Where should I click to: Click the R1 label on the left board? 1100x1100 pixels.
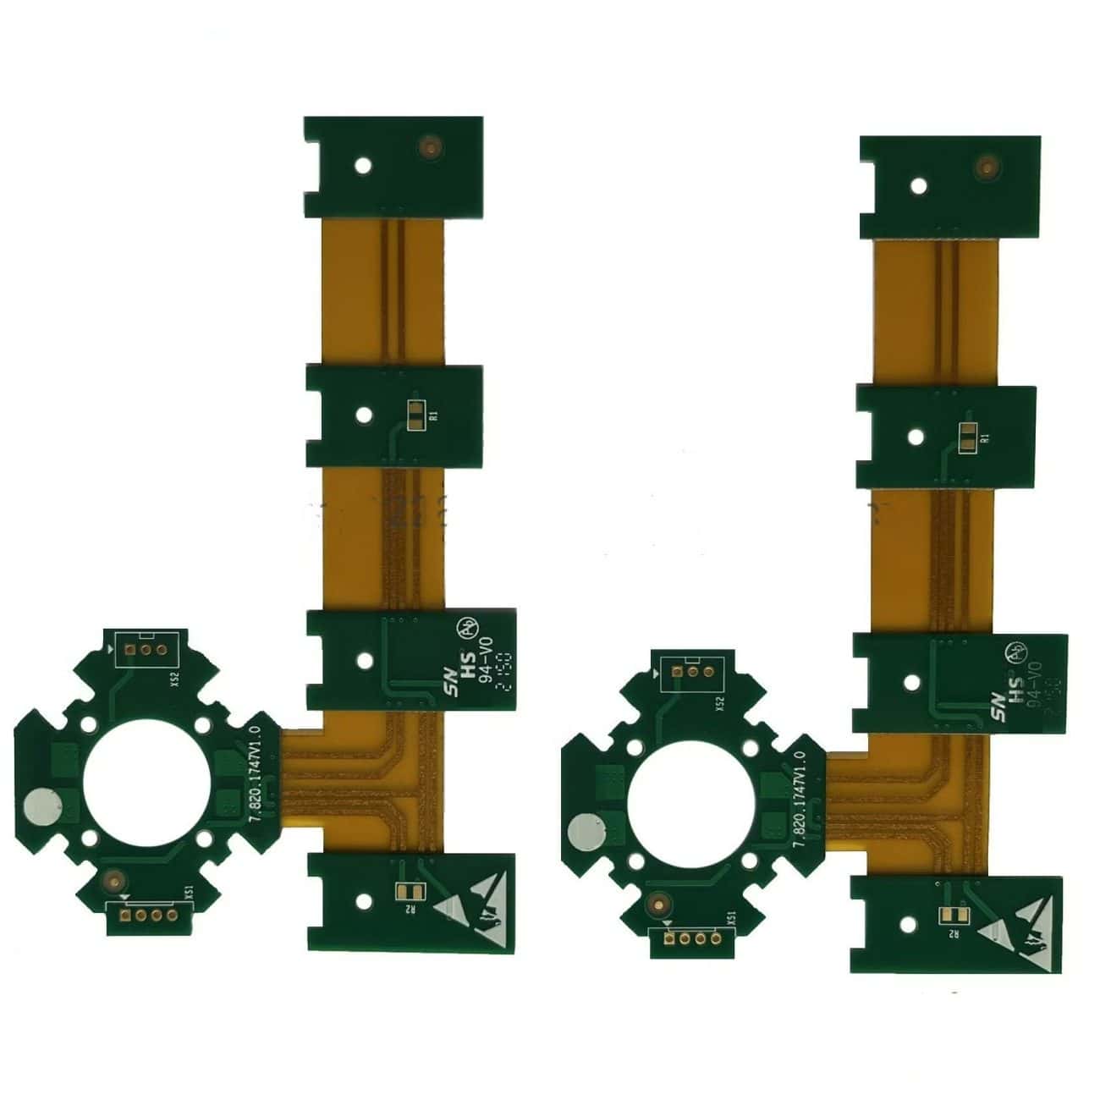pos(434,415)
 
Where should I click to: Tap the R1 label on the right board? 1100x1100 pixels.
pos(984,438)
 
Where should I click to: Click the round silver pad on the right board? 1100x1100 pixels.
pos(585,832)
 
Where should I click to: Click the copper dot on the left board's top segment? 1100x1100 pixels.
pos(431,146)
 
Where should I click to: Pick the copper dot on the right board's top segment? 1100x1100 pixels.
pos(985,166)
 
